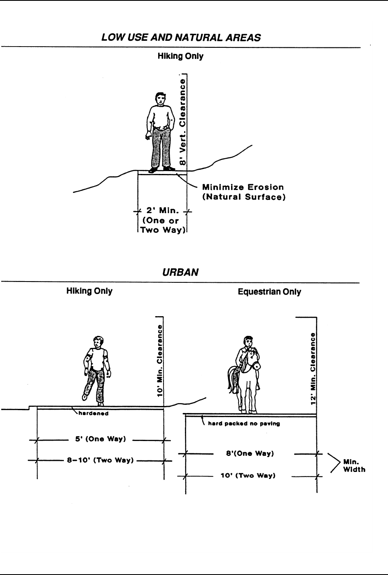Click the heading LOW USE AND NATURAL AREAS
click(x=181, y=38)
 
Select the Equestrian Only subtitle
click(x=269, y=292)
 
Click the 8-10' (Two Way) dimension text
click(x=101, y=460)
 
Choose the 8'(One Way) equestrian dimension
click(x=250, y=453)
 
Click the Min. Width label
click(x=354, y=466)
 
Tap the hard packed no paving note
click(x=244, y=423)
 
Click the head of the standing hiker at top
click(x=159, y=99)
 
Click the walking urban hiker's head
click(x=98, y=342)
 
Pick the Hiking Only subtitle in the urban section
click(x=89, y=291)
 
